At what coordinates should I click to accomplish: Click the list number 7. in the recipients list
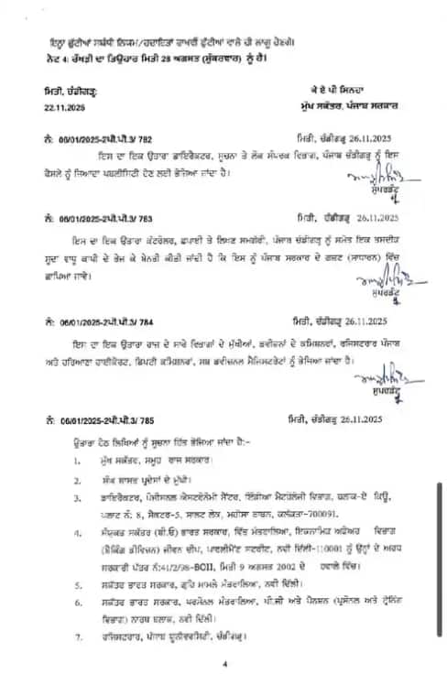click(x=79, y=636)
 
